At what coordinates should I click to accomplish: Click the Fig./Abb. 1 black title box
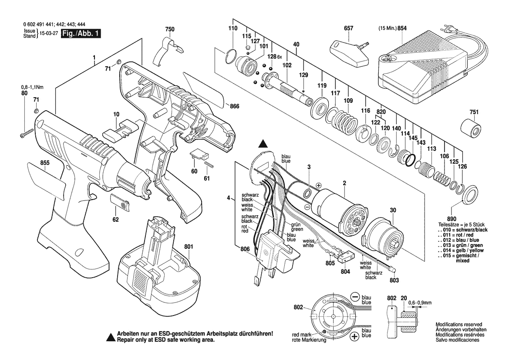tap(81, 34)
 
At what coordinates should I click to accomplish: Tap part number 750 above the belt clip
tap(170, 29)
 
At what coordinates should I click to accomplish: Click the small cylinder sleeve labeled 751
tap(471, 129)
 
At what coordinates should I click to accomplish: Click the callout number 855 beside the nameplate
tap(45, 163)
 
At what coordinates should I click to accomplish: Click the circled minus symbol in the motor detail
tap(354, 296)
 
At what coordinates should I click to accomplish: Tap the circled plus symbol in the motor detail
tap(354, 336)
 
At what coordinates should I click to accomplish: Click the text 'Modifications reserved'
tap(458, 325)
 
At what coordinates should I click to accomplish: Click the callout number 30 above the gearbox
tap(393, 210)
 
